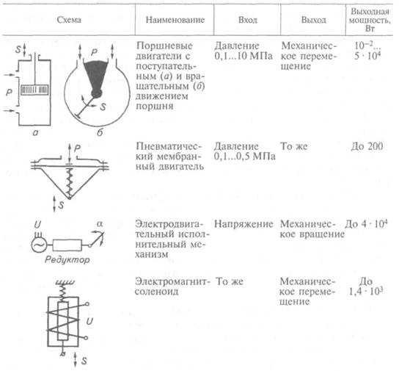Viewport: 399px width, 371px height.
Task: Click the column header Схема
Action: pos(69,20)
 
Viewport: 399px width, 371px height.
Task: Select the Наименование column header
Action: pos(175,20)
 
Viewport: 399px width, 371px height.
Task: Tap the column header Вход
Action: pos(248,20)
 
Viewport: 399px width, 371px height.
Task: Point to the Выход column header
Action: pos(314,20)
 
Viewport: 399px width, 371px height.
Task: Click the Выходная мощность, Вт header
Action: pos(370,20)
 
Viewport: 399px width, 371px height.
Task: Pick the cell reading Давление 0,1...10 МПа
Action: pos(244,51)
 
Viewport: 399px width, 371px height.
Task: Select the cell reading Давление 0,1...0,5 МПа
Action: pos(244,151)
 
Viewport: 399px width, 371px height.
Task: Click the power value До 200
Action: pos(367,146)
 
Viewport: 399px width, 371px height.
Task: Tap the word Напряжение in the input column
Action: pos(244,224)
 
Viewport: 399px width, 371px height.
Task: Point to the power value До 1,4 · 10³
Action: pos(366,287)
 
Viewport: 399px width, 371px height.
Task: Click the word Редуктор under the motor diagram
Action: pos(67,260)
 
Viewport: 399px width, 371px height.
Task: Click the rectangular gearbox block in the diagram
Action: pos(67,245)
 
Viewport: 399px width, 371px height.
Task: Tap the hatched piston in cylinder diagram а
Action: pos(34,90)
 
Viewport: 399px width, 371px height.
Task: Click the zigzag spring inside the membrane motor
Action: pos(69,182)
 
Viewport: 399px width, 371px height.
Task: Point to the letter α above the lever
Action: pos(100,225)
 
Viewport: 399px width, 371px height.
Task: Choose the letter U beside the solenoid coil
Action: pos(89,322)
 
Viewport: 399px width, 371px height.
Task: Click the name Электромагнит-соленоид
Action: pos(173,287)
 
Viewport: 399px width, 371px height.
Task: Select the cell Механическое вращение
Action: pos(312,229)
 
